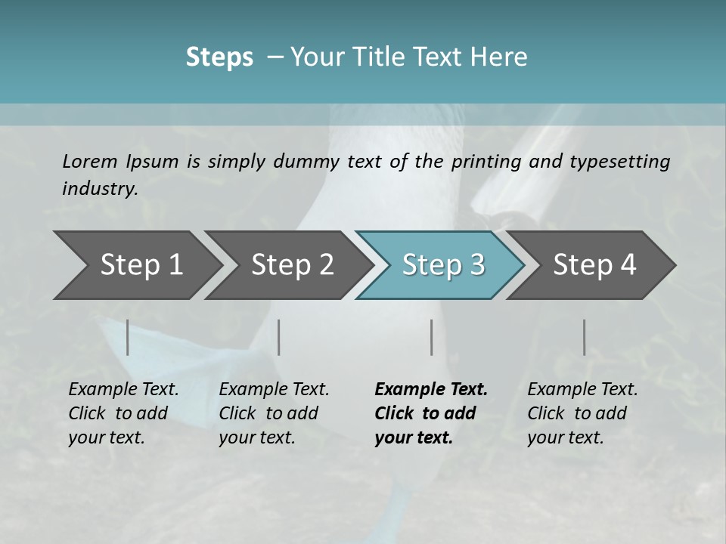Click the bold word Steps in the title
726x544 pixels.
tap(219, 57)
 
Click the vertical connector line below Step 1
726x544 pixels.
tap(128, 337)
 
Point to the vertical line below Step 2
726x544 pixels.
tap(279, 337)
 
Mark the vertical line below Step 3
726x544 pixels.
tap(431, 337)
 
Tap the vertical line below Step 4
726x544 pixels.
tap(584, 337)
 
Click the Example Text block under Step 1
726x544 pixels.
tap(123, 413)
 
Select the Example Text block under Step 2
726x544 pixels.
tap(274, 413)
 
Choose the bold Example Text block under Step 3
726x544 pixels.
tap(431, 413)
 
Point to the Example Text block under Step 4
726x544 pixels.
tap(582, 413)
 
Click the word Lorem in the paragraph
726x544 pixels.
tap(89, 161)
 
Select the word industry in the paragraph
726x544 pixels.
tap(99, 189)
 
